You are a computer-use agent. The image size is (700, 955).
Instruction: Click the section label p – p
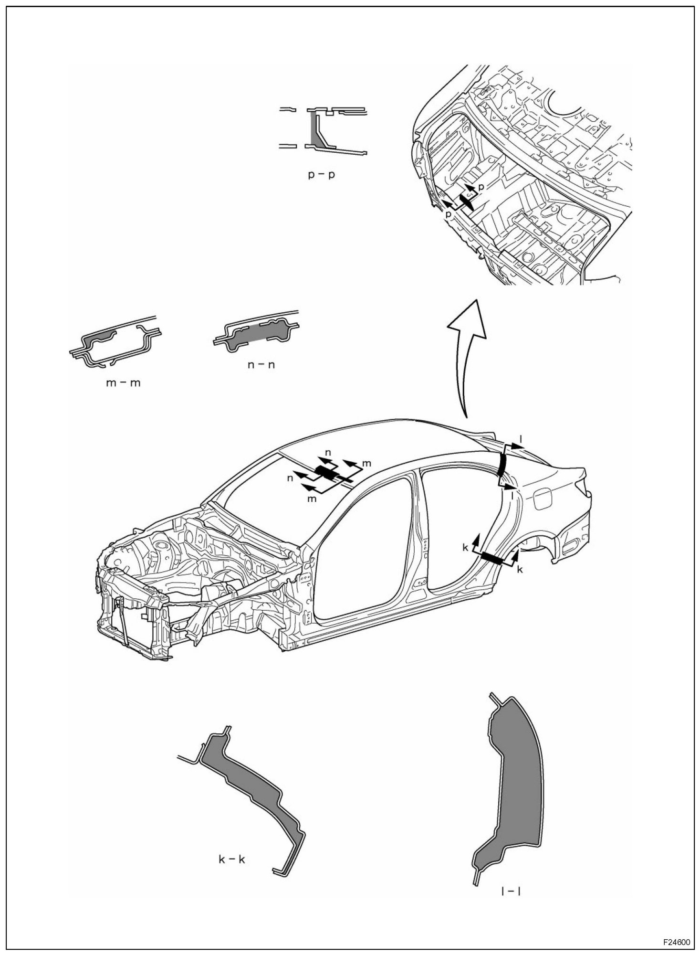tap(321, 174)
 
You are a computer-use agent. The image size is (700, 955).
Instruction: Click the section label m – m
tap(124, 382)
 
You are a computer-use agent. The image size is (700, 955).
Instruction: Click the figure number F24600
tap(676, 943)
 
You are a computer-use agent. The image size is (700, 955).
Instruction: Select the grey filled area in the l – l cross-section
tap(513, 783)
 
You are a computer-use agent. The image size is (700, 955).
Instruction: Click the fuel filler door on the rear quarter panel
tap(542, 500)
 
